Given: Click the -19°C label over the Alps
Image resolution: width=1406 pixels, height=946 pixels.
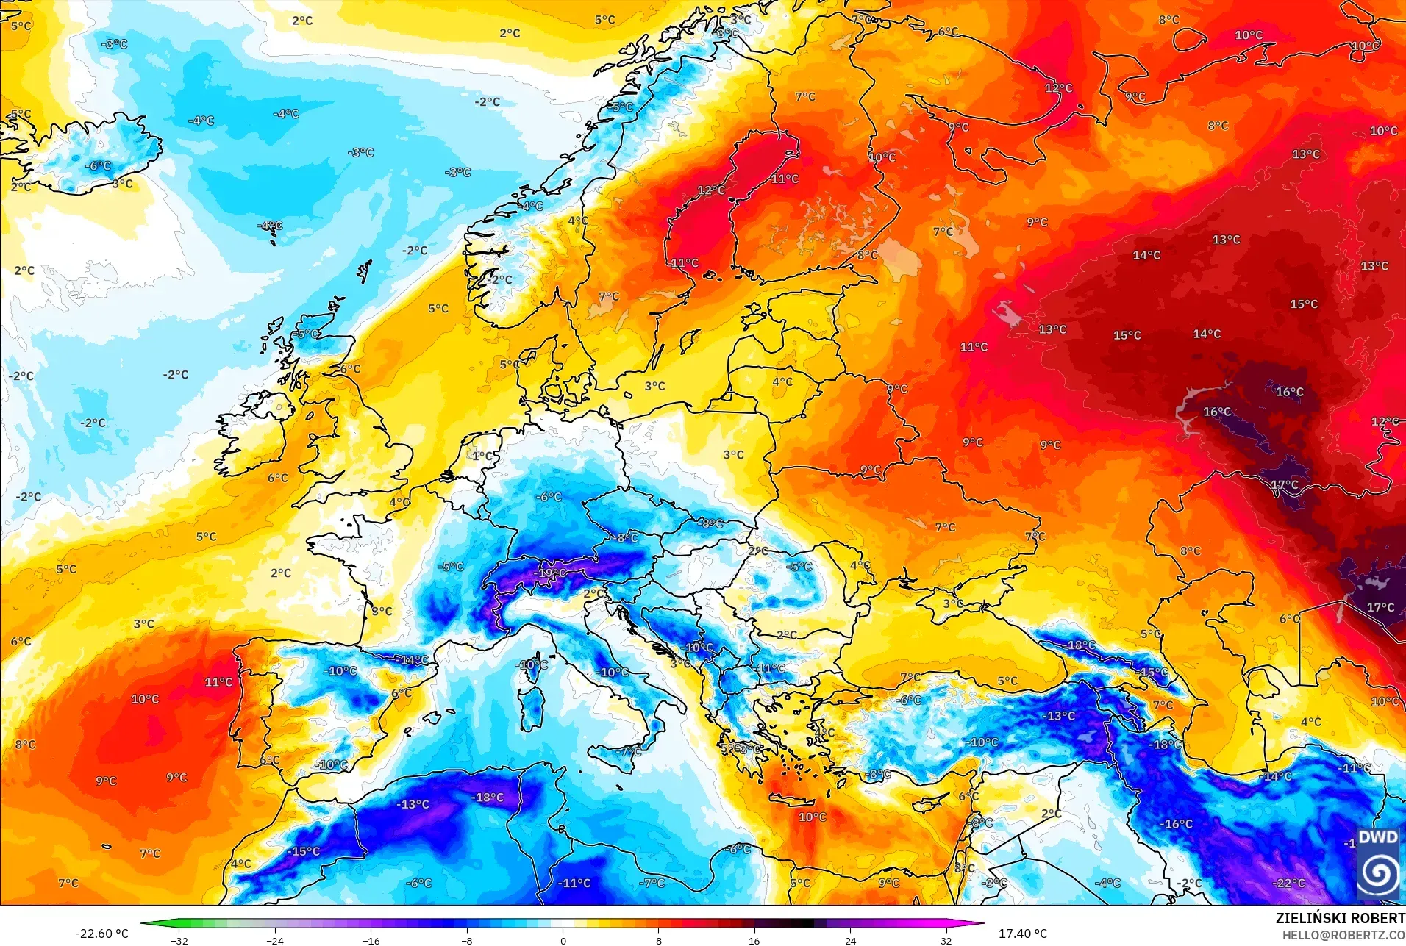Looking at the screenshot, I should click(x=552, y=573).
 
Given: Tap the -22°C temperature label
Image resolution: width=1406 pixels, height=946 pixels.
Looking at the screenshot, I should click(x=1289, y=883).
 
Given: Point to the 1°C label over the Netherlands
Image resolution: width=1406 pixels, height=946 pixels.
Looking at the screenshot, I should click(x=484, y=456).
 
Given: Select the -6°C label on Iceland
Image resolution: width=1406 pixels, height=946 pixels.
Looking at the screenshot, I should click(x=98, y=166).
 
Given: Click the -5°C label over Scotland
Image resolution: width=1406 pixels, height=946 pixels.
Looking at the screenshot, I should click(x=307, y=334).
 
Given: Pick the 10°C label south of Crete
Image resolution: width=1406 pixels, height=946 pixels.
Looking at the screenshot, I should click(x=812, y=817).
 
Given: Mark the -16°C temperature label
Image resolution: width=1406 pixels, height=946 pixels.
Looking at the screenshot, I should click(x=1177, y=824).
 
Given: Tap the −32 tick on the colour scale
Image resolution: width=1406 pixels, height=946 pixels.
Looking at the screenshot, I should click(x=179, y=940).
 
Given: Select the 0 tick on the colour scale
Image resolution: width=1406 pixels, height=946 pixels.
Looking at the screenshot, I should click(x=563, y=940).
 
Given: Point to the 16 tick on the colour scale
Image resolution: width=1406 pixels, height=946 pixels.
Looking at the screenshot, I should click(x=754, y=940).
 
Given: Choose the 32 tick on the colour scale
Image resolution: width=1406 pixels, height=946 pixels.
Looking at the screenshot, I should click(x=946, y=940).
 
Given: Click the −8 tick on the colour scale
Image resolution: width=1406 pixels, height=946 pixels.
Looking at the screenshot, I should click(x=467, y=940).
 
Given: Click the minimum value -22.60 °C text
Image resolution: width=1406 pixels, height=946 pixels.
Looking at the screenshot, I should click(x=101, y=934).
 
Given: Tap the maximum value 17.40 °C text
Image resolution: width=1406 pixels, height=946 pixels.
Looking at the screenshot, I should click(x=1022, y=934).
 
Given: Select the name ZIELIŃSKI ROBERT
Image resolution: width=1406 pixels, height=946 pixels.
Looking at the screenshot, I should click(x=1340, y=918).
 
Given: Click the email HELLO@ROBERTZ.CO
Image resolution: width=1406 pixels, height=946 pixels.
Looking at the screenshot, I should click(x=1343, y=935).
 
